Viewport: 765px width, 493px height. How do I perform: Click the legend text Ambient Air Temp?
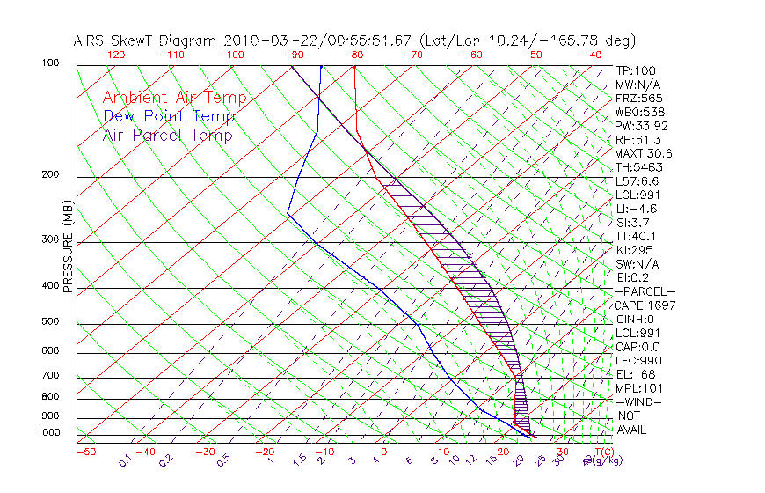(x=174, y=98)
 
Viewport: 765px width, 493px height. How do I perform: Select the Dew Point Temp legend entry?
(x=169, y=116)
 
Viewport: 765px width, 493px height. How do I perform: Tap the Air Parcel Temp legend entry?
(x=168, y=135)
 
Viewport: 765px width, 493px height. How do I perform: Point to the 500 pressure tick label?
(x=51, y=321)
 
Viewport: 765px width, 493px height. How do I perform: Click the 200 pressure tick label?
(x=51, y=174)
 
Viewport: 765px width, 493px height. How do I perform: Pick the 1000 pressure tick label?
(x=48, y=432)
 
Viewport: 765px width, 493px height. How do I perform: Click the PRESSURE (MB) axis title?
(x=67, y=249)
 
